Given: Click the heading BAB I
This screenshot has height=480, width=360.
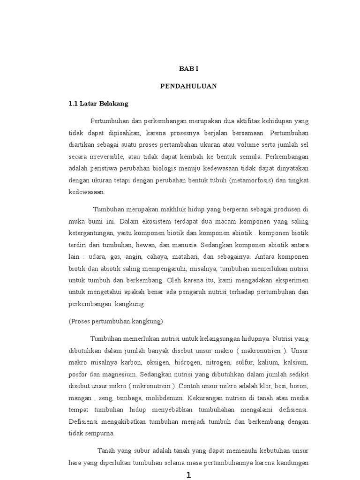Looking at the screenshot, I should pyautogui.click(x=189, y=68).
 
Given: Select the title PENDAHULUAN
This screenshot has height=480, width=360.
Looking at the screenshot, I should pyautogui.click(x=189, y=86).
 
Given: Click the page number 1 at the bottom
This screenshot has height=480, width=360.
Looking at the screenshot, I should pyautogui.click(x=189, y=475).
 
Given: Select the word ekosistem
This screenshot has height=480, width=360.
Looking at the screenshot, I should pyautogui.click(x=163, y=221).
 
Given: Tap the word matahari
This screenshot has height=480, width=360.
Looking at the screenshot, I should pyautogui.click(x=201, y=257).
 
